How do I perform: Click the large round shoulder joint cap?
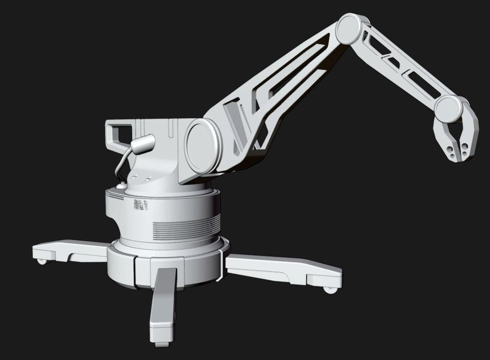click(x=201, y=146)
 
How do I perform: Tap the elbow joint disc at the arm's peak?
click(x=349, y=29)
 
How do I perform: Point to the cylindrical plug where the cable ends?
click(x=142, y=145)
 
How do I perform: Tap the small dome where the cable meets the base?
click(x=121, y=186)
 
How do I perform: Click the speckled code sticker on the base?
click(x=140, y=205)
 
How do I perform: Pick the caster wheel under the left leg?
click(x=44, y=261)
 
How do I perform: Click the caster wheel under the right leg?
click(x=330, y=290)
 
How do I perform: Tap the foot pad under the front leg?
click(x=162, y=344)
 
